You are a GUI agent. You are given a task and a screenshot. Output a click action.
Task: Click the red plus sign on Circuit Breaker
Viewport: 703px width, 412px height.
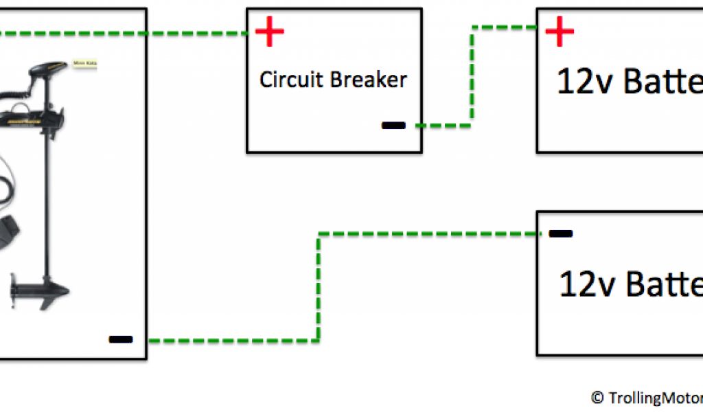(270, 32)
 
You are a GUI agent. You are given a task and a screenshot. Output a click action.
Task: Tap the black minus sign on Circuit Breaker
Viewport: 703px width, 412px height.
(393, 126)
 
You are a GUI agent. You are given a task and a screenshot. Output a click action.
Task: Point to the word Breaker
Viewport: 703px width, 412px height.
(369, 80)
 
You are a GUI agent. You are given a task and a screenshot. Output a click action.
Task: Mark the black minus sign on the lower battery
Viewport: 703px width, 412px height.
(560, 233)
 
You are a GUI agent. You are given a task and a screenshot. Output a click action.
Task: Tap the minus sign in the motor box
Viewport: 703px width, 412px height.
(120, 339)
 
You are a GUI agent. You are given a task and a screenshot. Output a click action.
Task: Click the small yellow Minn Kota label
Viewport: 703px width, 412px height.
(84, 65)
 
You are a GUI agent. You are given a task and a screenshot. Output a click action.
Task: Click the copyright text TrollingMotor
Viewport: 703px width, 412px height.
(652, 398)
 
